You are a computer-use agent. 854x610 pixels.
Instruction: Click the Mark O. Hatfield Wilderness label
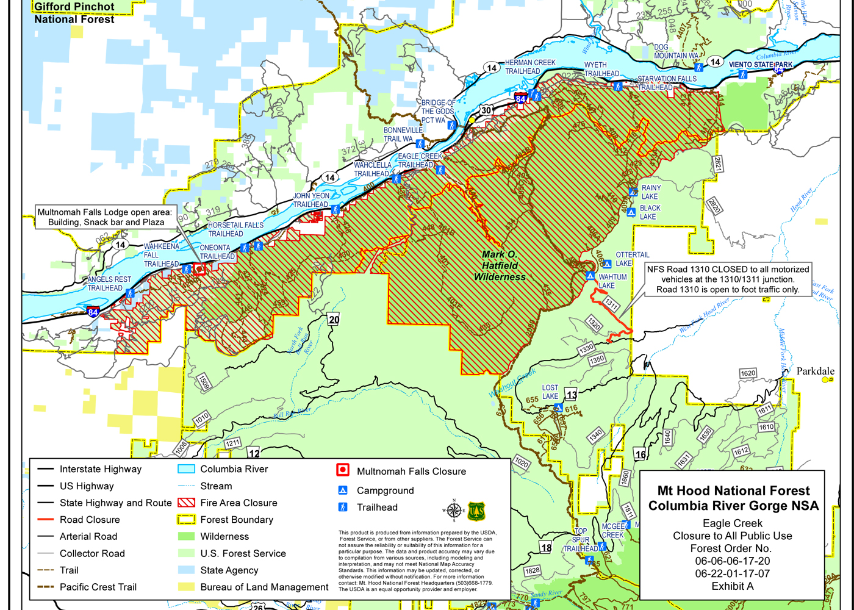(x=500, y=266)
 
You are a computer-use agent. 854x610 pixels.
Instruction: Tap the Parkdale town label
(x=815, y=371)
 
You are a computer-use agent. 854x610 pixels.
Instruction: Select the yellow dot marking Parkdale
(x=825, y=379)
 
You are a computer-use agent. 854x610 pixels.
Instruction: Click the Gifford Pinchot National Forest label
(x=74, y=13)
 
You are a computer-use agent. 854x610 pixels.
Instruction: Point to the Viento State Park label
(x=761, y=65)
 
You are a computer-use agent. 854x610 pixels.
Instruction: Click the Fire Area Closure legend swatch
(x=186, y=503)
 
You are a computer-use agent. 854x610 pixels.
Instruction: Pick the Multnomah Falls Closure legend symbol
(x=343, y=470)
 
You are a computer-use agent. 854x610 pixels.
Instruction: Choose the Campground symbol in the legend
(x=343, y=490)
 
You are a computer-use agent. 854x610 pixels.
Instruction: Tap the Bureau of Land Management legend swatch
(x=186, y=587)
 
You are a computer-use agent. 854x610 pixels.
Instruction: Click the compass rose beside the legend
(x=453, y=511)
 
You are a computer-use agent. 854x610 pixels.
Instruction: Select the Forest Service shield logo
(x=476, y=511)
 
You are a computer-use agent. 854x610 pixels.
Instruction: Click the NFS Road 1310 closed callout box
(x=728, y=279)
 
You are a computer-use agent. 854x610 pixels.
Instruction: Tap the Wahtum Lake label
(x=612, y=281)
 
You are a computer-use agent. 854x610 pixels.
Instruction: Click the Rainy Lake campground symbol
(x=633, y=192)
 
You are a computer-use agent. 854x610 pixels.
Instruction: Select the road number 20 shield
(x=334, y=320)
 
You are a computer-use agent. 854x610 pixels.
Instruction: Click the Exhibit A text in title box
(x=732, y=586)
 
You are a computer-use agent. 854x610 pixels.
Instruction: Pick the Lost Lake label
(x=550, y=392)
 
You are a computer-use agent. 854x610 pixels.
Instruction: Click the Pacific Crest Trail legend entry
(x=98, y=587)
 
